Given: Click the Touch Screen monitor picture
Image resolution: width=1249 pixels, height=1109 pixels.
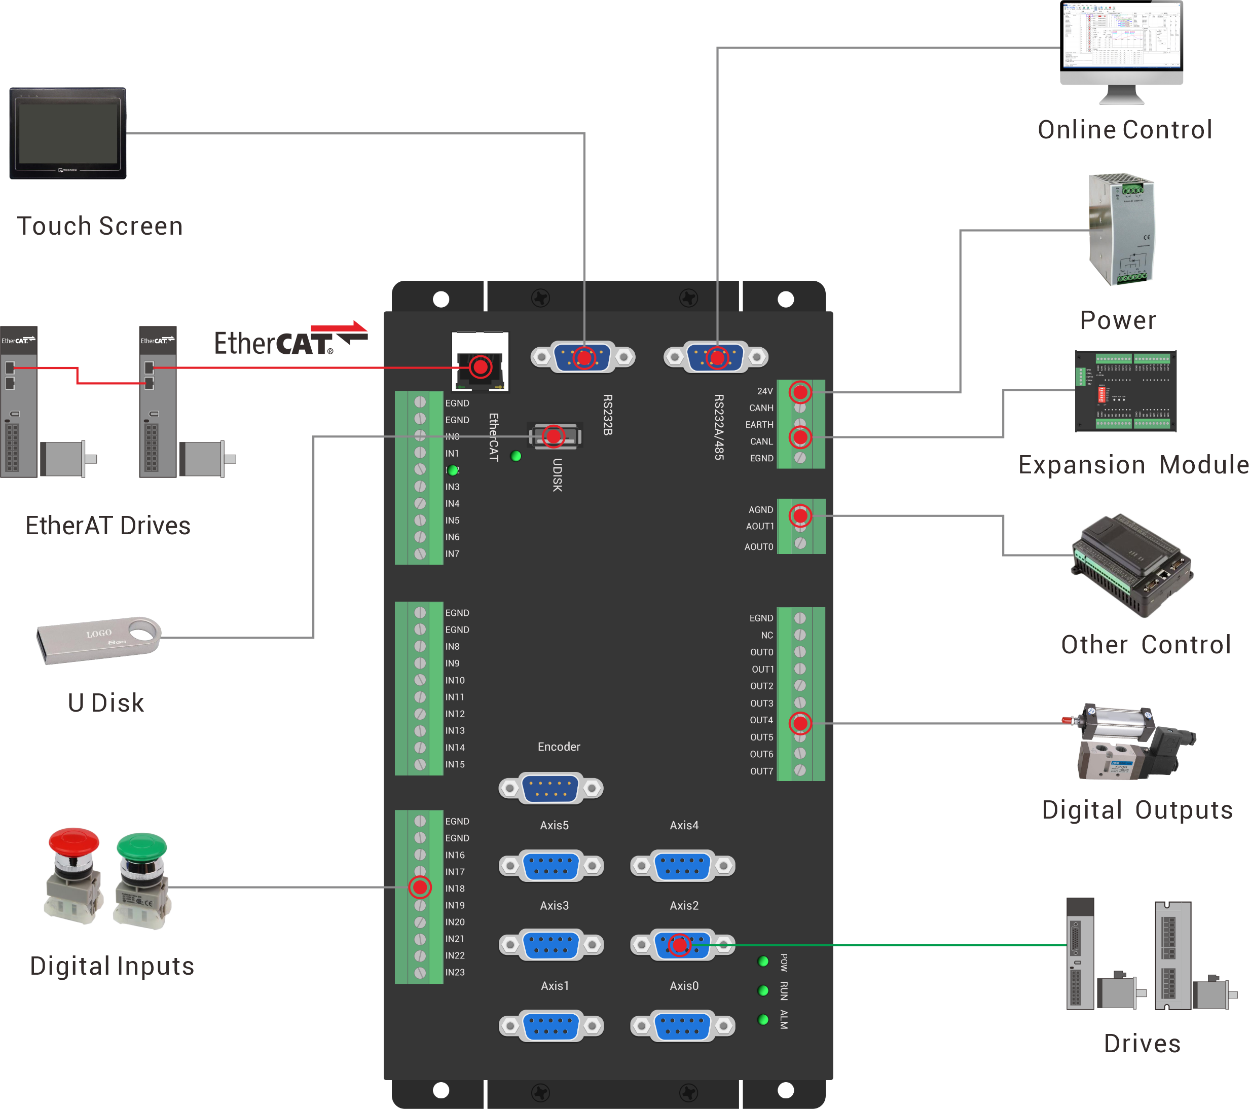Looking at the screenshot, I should coord(68,133).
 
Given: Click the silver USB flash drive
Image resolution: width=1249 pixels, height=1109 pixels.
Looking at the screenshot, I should coord(98,639).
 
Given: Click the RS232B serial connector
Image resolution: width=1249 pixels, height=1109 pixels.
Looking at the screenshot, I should coord(583,357).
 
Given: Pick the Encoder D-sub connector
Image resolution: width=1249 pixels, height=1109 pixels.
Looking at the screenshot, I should coord(550,788).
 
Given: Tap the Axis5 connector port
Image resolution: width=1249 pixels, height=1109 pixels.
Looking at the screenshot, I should coord(550,866).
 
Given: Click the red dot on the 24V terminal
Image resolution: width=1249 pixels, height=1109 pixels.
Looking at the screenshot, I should coord(800,392).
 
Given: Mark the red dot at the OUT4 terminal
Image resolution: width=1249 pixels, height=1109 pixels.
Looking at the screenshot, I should coord(800,723).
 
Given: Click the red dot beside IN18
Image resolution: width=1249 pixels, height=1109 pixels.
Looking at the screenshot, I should coord(420,887).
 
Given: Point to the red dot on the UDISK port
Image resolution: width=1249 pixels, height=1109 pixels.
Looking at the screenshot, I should coord(554,436).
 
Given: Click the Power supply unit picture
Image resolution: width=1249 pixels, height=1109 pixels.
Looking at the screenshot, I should coord(1122,229).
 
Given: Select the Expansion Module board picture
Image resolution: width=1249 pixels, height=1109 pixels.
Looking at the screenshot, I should coord(1125,391).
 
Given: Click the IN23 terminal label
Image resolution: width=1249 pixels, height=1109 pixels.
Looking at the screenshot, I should coord(455,972).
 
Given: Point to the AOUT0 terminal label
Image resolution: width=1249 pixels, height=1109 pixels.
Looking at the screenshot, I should coord(758,547).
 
